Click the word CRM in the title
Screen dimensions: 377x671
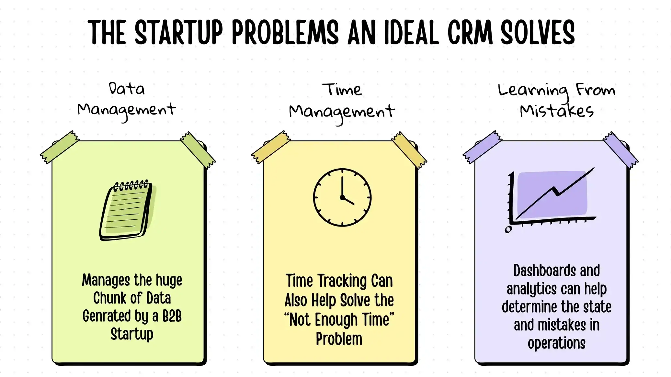[470, 32]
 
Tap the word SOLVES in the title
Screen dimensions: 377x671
[538, 32]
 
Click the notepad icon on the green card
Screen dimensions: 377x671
[127, 210]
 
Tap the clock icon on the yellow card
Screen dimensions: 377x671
[342, 197]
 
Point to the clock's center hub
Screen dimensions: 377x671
[342, 197]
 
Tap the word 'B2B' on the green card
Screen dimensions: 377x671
[172, 316]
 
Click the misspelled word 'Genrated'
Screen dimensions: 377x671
[106, 316]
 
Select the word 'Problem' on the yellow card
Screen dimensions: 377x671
[339, 339]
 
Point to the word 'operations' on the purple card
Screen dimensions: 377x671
[556, 343]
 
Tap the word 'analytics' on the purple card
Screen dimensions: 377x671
[531, 289]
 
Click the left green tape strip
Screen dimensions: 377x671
[60, 147]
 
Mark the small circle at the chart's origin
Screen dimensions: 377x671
[508, 229]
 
